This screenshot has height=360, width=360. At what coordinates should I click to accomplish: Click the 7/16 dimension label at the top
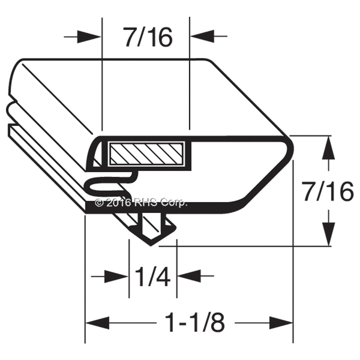pyautogui.click(x=148, y=37)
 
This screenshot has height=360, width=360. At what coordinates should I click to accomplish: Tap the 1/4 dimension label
pyautogui.click(x=152, y=276)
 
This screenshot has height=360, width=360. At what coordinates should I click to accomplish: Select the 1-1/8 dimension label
pyautogui.click(x=195, y=323)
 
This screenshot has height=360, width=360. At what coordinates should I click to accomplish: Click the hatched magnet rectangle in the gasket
pyautogui.click(x=146, y=154)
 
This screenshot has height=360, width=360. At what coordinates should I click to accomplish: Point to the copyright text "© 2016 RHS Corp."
pyautogui.click(x=141, y=203)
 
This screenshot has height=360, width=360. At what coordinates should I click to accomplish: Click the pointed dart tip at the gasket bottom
pyautogui.click(x=151, y=245)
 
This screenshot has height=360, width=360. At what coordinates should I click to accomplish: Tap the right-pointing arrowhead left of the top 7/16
pyautogui.click(x=89, y=36)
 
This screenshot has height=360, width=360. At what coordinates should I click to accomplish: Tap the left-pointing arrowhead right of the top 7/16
pyautogui.click(x=202, y=36)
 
